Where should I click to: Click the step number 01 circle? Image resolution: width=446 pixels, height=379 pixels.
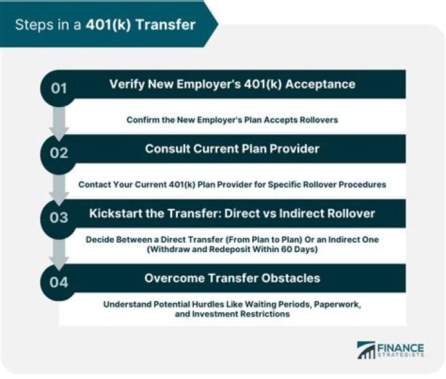pos(59,88)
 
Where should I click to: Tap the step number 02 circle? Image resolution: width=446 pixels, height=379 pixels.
pos(59,152)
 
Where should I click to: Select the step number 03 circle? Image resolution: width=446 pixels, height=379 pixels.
pos(59,217)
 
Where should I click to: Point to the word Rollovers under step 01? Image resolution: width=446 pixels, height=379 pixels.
pos(315,120)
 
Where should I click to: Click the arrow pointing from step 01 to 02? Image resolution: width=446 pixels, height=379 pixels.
pos(59,123)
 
